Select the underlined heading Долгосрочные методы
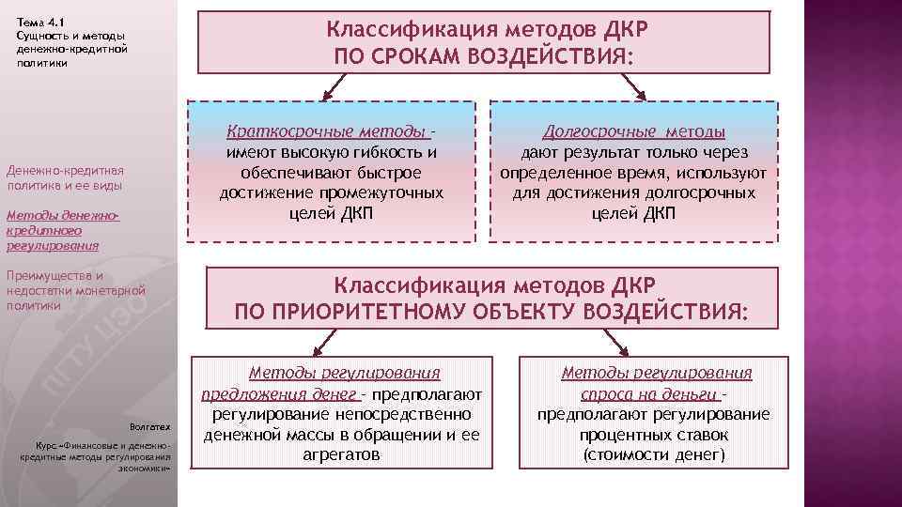[x=633, y=132]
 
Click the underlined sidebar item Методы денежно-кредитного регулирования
[x=58, y=230]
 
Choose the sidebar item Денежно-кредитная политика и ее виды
[x=64, y=178]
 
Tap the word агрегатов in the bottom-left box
[x=343, y=454]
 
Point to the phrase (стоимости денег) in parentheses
[x=654, y=454]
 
